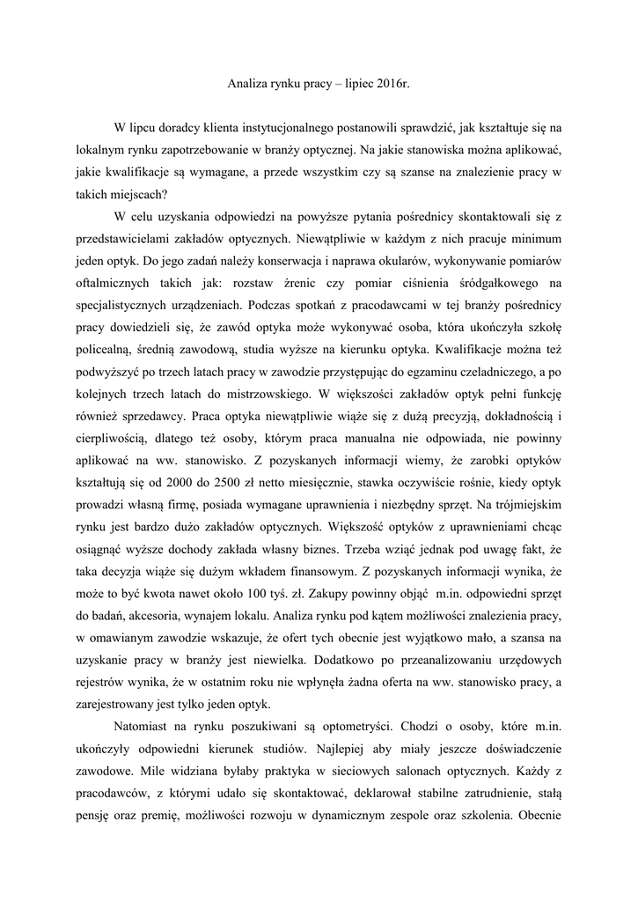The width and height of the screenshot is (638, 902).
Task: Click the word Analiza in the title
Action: pos(239,84)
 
